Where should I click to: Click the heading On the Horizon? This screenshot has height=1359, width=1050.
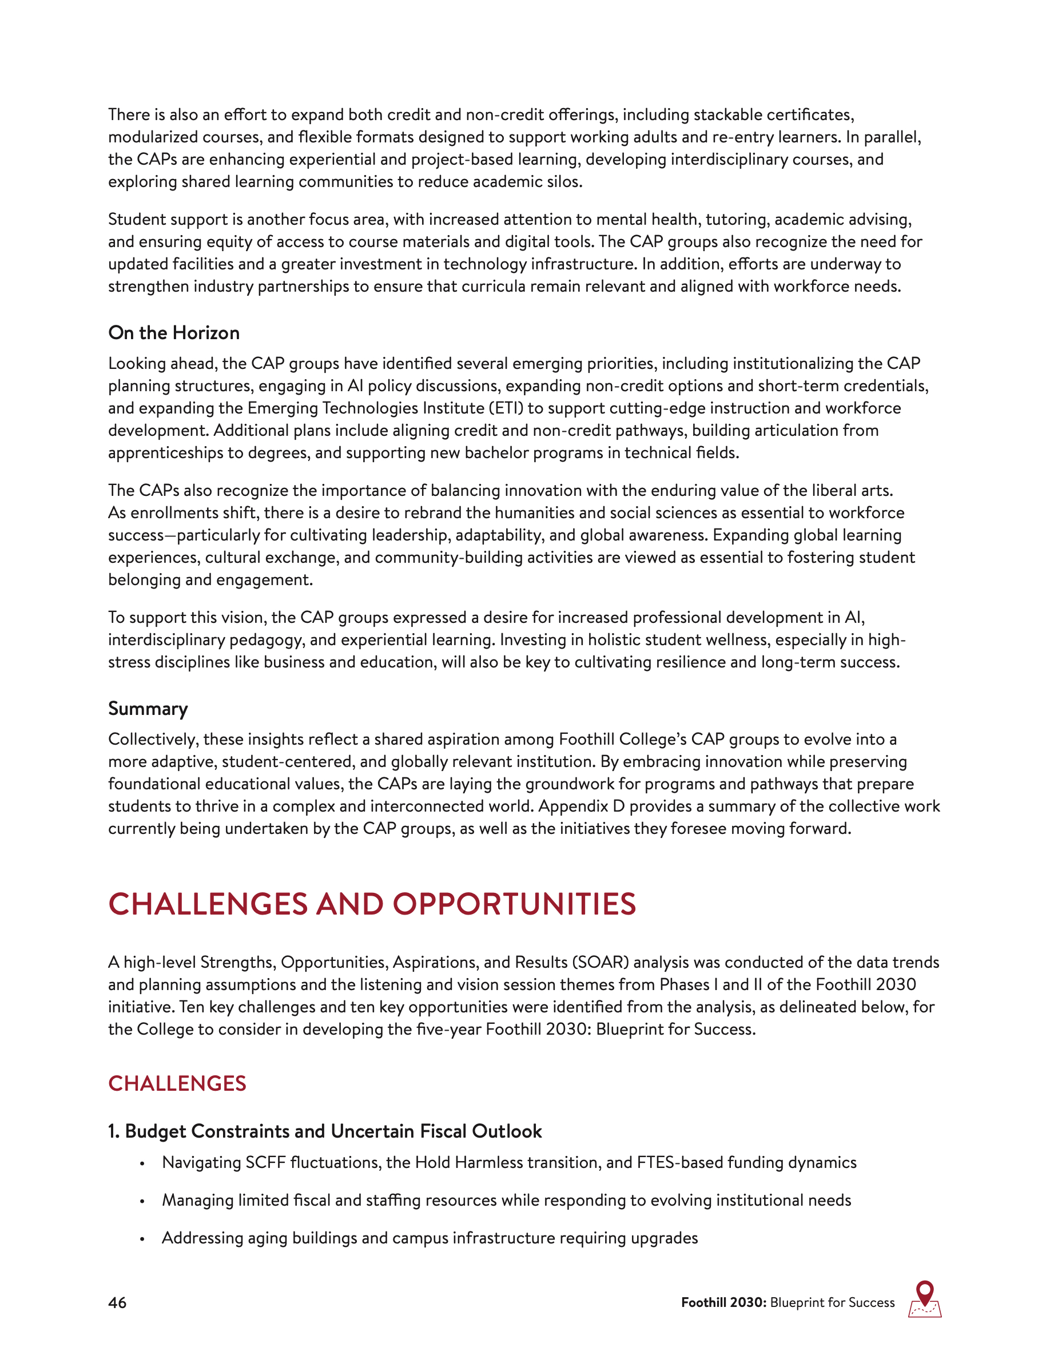pos(173,333)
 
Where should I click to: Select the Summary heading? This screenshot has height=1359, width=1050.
pos(148,709)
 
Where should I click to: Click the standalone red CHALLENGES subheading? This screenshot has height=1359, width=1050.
pos(177,1083)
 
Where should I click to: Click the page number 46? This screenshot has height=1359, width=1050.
pos(117,1302)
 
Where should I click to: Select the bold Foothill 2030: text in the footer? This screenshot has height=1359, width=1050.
pos(723,1302)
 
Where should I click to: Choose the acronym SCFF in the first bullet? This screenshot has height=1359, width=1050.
pos(265,1162)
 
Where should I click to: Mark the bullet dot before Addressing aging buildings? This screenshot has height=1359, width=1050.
pos(142,1239)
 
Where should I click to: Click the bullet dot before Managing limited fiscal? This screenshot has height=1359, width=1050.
pos(142,1201)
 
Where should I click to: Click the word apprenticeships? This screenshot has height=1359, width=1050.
pos(165,453)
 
